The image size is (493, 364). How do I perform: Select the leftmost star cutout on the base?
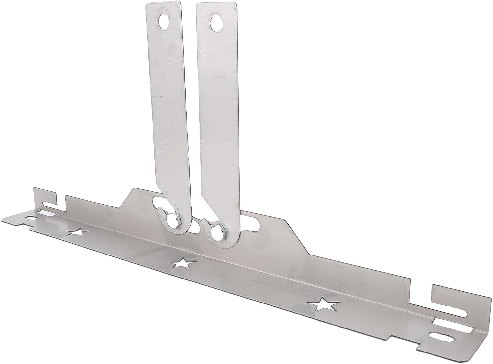click(78, 233)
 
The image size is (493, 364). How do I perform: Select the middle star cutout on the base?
click(182, 263)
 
